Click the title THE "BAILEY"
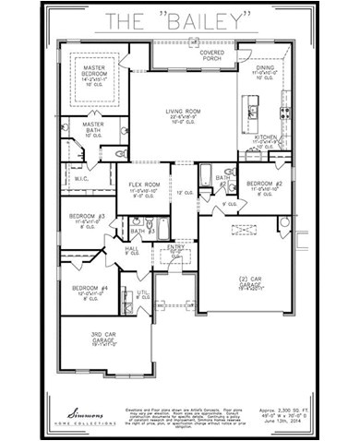coord(179,19)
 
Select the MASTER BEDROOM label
coord(93,72)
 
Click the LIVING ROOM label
coord(186,112)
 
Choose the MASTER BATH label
coord(92,125)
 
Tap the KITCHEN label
coord(265,135)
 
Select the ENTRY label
coord(175,248)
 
